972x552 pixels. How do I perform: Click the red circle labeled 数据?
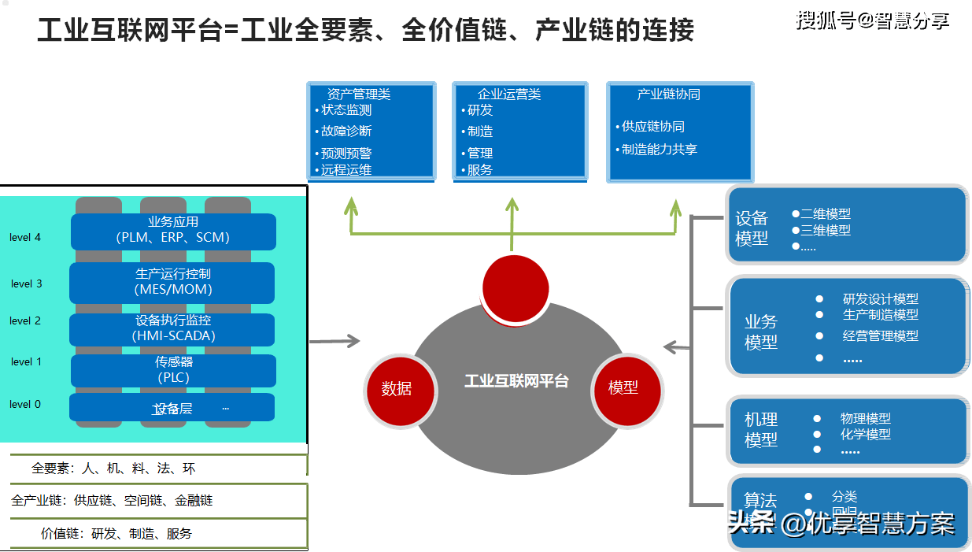396,389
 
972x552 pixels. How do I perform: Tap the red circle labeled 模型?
623,387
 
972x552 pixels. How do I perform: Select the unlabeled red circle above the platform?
515,288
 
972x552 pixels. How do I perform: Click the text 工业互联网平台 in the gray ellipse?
516,381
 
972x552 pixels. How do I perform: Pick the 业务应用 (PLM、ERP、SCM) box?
173,231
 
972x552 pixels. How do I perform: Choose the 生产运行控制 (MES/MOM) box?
172,282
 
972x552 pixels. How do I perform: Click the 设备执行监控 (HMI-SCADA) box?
172,329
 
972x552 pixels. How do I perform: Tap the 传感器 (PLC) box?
173,370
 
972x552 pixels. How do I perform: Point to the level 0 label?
25,405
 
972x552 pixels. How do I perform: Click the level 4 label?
25,237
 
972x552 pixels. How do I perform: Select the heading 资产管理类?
358,94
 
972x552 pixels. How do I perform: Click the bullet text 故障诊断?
346,132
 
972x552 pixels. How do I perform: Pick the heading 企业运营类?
509,94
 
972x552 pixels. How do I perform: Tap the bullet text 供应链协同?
652,127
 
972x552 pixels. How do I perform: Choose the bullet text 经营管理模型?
880,336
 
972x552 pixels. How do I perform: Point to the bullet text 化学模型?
865,434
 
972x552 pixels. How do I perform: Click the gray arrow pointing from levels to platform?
334,341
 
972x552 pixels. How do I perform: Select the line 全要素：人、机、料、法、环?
113,469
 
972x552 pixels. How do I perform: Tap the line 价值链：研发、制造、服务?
116,534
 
